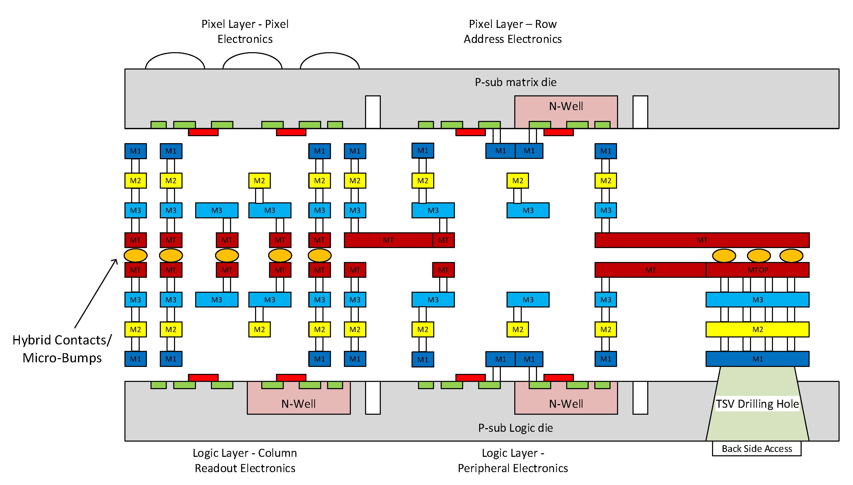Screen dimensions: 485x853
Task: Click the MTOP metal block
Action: [757, 270]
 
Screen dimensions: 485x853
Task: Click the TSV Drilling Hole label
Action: [757, 404]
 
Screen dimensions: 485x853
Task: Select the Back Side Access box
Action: [756, 449]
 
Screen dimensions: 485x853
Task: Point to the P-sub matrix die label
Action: [515, 82]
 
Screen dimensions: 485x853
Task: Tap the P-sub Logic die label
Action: [515, 428]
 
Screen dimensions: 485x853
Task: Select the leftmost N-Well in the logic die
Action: [298, 404]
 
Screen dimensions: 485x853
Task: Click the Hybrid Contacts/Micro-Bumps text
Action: [62, 349]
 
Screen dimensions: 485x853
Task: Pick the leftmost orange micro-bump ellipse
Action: [136, 256]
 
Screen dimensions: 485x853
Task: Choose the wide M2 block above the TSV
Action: [757, 329]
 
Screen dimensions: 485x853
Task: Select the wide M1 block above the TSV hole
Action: [757, 359]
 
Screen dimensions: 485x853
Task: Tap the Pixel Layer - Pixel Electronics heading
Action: [245, 31]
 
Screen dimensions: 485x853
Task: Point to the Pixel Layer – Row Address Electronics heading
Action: [512, 31]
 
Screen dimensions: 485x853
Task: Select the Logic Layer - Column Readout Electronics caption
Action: [245, 460]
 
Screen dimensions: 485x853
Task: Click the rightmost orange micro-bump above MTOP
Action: [791, 256]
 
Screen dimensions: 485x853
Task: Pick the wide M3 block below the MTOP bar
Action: [757, 299]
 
